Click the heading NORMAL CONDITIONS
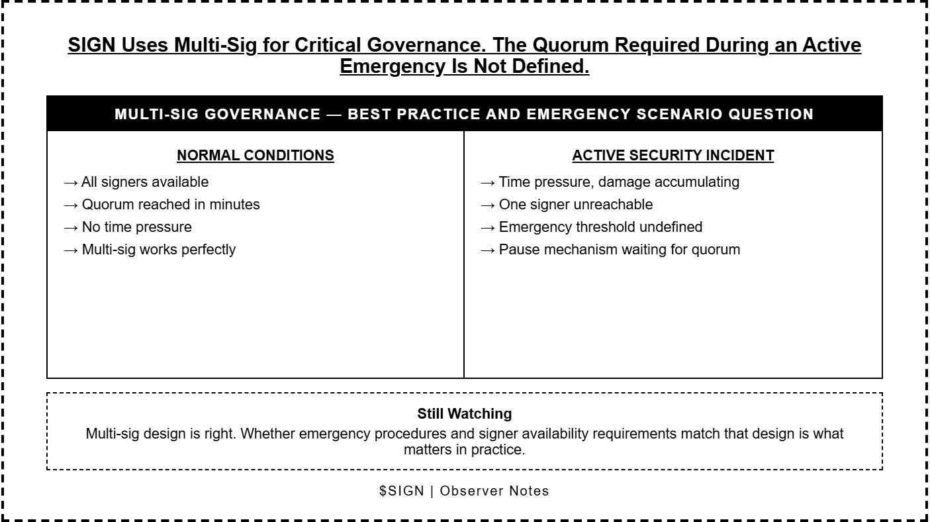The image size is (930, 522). [x=255, y=156]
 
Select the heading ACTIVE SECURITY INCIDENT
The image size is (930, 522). [x=673, y=156]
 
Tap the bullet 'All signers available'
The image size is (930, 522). [x=144, y=182]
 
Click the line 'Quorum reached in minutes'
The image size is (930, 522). [x=170, y=205]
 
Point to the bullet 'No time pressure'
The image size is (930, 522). [x=136, y=227]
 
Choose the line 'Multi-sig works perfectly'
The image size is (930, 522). [x=158, y=250]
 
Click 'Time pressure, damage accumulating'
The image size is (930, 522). [x=618, y=182]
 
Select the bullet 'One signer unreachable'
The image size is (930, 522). [x=575, y=205]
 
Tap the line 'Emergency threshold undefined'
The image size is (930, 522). [x=600, y=227]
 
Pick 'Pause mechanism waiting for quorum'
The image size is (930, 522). [x=619, y=250]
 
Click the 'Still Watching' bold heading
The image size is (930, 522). [x=464, y=414]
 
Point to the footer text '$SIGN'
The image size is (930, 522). [x=401, y=492]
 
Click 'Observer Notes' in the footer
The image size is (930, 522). [x=494, y=492]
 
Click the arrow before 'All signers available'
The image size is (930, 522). [x=71, y=183]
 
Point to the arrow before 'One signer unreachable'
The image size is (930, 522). [x=488, y=205]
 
